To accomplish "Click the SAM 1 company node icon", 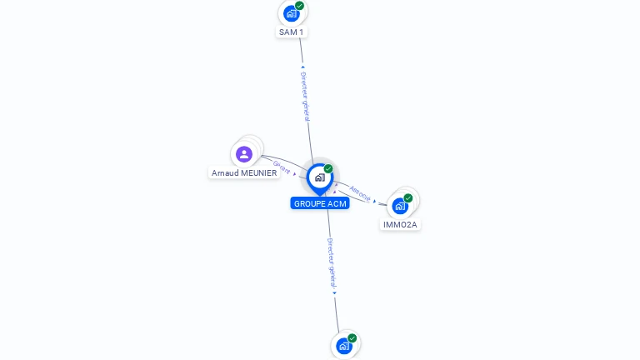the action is [x=291, y=13].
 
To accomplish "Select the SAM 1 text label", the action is [x=292, y=32].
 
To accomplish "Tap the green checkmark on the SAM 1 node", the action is [x=300, y=6].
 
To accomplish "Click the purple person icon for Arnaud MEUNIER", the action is [x=243, y=154].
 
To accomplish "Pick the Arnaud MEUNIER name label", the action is [x=244, y=173].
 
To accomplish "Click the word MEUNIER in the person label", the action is [x=258, y=173].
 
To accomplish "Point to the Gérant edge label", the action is [x=282, y=167].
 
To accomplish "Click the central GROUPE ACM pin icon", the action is [x=319, y=177].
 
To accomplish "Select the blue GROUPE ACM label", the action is [x=320, y=203].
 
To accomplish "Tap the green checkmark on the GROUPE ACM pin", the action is [x=328, y=169].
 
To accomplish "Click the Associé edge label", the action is [x=360, y=192].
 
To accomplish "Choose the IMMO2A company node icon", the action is [x=400, y=206].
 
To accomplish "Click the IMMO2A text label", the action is [x=400, y=225].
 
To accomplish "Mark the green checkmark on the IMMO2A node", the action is [x=408, y=198].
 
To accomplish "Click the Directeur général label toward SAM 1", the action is [x=305, y=97].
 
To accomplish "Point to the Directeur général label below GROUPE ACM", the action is [x=332, y=262].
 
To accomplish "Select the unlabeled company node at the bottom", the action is [x=344, y=346].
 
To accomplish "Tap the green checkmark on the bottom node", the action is [x=352, y=338].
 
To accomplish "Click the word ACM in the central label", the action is [x=337, y=203].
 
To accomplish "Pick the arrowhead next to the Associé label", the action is [x=375, y=201].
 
